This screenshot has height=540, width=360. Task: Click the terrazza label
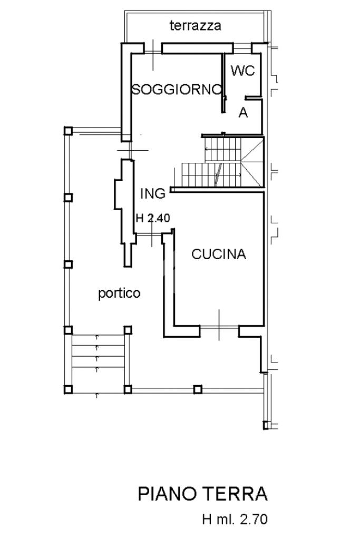(196, 25)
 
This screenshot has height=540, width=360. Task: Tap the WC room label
(243, 71)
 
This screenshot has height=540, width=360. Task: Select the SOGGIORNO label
(177, 90)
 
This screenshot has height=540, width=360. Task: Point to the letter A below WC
(243, 112)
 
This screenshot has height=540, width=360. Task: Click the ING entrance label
(153, 193)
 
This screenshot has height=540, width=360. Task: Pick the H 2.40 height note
(153, 218)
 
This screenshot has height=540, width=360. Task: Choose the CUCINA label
(219, 254)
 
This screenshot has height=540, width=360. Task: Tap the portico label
(119, 293)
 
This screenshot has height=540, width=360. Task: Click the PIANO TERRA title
(202, 494)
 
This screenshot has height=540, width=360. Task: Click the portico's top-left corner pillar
(68, 131)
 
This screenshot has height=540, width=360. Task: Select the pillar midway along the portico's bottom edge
(198, 389)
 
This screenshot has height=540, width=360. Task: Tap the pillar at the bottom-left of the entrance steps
(68, 389)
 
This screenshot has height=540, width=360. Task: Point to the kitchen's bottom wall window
(219, 327)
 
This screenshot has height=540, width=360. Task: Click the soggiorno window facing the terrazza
(153, 52)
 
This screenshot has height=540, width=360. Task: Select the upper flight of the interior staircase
(222, 150)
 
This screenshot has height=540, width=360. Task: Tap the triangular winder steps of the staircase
(252, 162)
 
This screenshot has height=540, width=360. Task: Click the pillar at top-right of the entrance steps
(128, 330)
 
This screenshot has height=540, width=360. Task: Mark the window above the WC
(242, 49)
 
